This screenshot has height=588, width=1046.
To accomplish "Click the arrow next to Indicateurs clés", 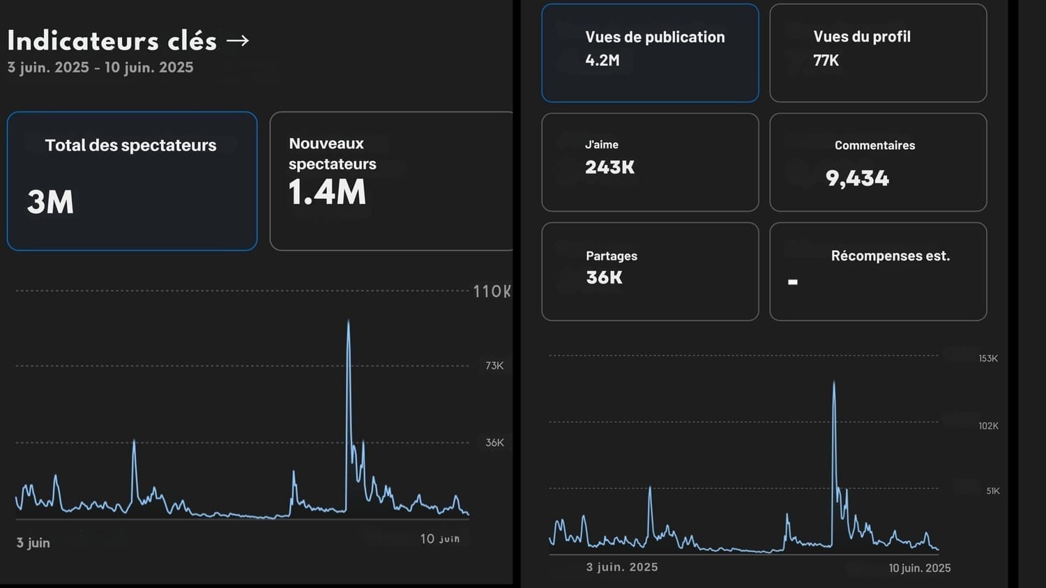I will tap(238, 41).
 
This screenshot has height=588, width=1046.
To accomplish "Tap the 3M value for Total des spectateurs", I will tap(50, 202).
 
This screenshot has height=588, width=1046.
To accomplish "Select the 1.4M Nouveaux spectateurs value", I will tap(327, 192).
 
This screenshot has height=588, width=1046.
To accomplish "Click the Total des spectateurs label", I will tap(130, 145).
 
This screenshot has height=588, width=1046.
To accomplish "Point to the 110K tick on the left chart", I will tap(492, 291).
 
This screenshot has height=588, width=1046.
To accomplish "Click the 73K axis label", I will tap(494, 366).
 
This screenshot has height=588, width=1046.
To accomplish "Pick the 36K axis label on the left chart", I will tap(494, 442).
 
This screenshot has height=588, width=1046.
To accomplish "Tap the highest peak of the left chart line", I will tap(349, 321).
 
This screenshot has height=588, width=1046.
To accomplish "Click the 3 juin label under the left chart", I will tap(33, 543).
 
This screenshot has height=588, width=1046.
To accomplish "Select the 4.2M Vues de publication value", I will tap(602, 61).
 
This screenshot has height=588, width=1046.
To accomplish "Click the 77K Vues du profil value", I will tap(826, 61).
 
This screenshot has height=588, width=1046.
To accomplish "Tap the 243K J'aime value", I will tap(610, 167).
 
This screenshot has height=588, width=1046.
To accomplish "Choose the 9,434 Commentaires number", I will tap(857, 178).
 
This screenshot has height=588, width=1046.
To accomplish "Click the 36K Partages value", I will tap(605, 277).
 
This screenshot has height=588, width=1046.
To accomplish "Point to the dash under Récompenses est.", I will tap(793, 282).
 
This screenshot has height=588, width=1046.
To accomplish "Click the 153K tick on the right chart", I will tap(988, 359).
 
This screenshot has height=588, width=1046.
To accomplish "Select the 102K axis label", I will tap(988, 426).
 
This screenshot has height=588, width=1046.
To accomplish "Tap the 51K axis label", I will tap(993, 491).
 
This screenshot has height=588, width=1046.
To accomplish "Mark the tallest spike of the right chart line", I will tap(834, 382).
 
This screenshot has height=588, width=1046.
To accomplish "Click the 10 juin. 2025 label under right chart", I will tap(919, 568).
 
